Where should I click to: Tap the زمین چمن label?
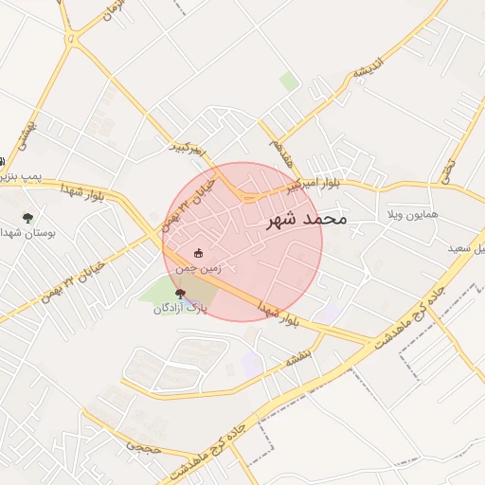pos(199,268)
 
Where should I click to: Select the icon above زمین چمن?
pos(198,253)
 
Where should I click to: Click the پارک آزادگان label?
pos(180,309)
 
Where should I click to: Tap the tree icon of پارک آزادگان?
pos(181,294)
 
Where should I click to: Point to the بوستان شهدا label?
pos(27,231)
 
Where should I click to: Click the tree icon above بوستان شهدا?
pos(27,217)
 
